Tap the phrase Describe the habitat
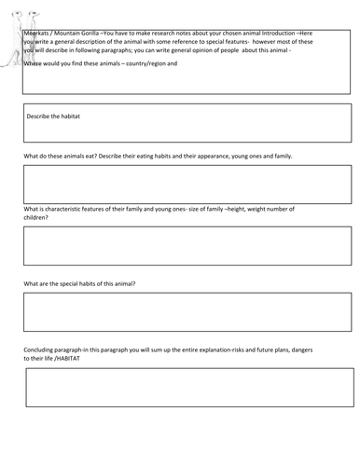pyautogui.click(x=62, y=114)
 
